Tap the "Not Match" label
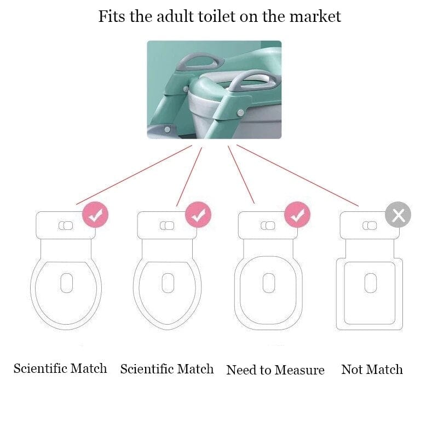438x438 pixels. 372,370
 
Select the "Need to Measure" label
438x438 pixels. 275,370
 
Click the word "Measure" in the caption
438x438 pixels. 299,370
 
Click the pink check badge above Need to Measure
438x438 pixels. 297,215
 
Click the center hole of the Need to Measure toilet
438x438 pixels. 268,283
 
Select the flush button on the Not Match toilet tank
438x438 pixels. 370,226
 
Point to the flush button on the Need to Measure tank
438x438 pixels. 268,226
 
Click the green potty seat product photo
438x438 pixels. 214,89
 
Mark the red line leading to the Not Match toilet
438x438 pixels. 298,176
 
